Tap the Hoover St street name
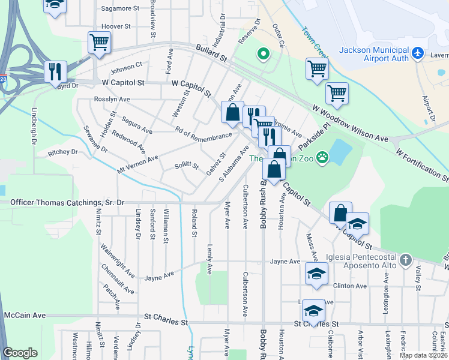click(116, 26)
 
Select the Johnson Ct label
click(125, 65)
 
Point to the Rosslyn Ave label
click(112, 100)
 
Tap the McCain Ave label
click(25, 315)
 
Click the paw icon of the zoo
click(323, 158)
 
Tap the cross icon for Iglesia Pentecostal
click(406, 260)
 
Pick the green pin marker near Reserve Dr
click(262, 55)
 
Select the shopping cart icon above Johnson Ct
click(99, 42)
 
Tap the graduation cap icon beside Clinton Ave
click(315, 273)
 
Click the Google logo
click(20, 353)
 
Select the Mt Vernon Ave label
click(137, 163)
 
